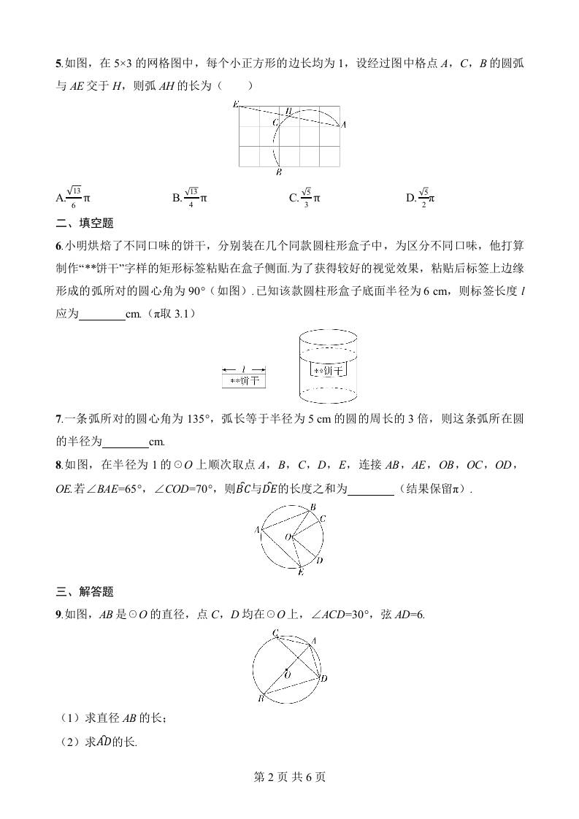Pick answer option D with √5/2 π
tap(421, 197)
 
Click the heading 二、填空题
tap(85, 223)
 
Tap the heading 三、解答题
tap(85, 591)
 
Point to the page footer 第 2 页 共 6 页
tap(289, 777)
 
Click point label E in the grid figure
tap(235, 105)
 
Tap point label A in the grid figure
tap(343, 125)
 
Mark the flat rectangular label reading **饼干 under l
tap(244, 381)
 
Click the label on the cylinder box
tap(328, 371)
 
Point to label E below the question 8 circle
tap(300, 573)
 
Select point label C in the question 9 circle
tap(275, 632)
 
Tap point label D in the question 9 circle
tap(323, 679)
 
